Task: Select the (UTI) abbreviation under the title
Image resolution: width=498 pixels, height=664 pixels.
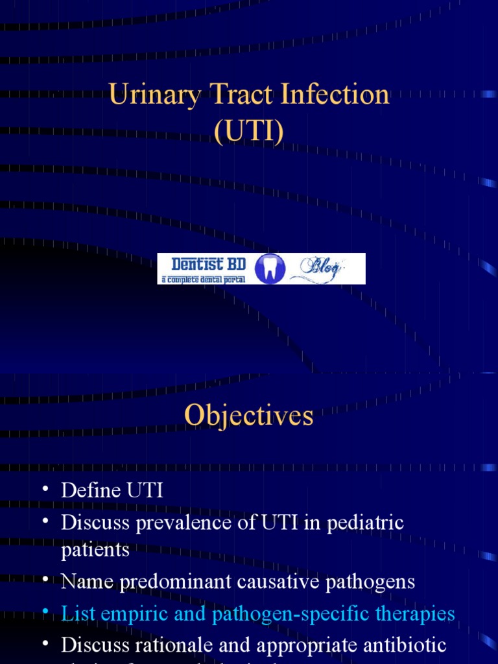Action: click(249, 132)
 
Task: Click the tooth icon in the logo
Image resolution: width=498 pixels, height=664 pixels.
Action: click(266, 268)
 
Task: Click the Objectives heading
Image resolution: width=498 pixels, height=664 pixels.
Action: click(249, 416)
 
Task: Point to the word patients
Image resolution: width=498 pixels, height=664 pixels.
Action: click(95, 550)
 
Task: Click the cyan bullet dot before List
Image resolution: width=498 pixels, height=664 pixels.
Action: click(45, 611)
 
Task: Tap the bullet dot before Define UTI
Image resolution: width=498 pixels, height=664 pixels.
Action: click(45, 489)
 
